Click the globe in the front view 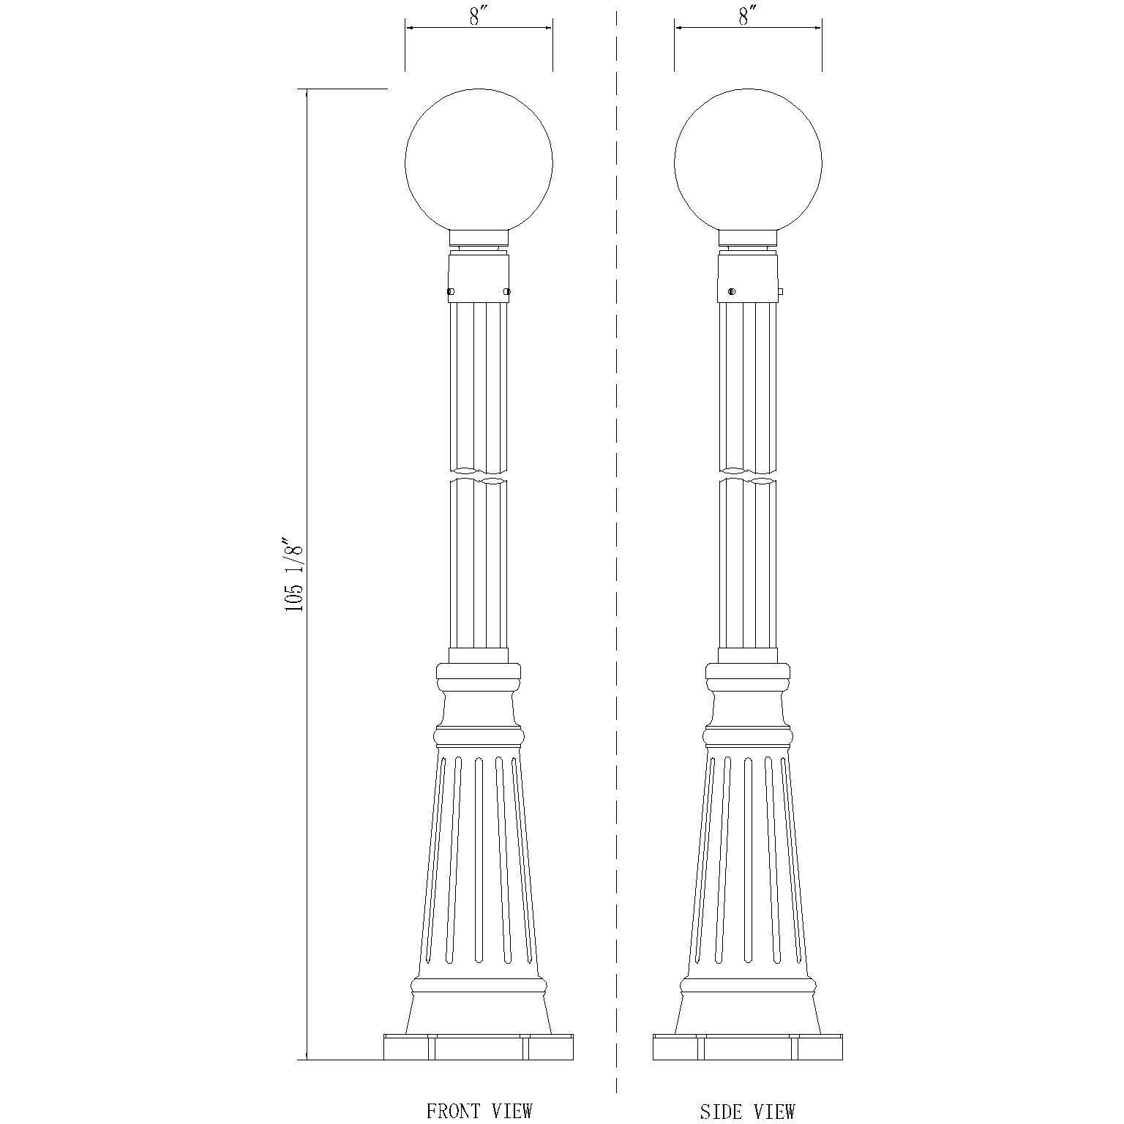pos(479,162)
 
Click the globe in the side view pos(748,162)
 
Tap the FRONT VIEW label pos(479,1110)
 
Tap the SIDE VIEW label pos(747,1111)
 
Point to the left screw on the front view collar pos(451,292)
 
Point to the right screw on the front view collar pos(506,292)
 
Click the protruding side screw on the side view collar pos(780,292)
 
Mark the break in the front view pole pos(479,475)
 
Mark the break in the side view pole pos(748,475)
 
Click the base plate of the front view pos(479,1047)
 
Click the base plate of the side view pos(748,1047)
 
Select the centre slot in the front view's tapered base pos(479,860)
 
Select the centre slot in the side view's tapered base pos(748,860)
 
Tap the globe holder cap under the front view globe pos(479,237)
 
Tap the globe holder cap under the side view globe pos(748,237)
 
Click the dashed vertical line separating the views pos(617,556)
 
